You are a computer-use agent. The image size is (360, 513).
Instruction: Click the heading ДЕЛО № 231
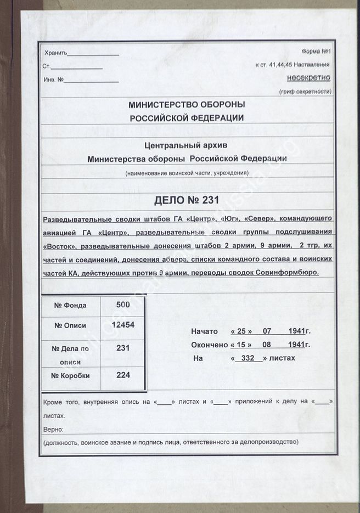click(x=186, y=200)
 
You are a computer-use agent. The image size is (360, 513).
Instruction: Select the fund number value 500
click(x=123, y=305)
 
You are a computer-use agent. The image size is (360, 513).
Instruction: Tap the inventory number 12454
click(x=123, y=324)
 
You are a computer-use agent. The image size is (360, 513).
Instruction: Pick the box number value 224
click(x=123, y=375)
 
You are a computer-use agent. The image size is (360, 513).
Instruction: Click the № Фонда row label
click(x=71, y=306)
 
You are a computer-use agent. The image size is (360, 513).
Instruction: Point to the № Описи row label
click(x=71, y=325)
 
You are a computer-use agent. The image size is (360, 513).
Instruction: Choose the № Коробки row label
click(x=71, y=376)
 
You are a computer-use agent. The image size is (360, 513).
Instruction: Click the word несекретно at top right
click(x=307, y=78)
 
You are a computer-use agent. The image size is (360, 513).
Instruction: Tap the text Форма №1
click(x=318, y=52)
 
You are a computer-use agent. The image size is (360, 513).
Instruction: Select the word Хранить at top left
click(x=55, y=53)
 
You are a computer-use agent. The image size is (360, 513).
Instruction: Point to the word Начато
click(x=204, y=331)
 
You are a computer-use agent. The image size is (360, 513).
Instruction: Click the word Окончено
click(x=209, y=345)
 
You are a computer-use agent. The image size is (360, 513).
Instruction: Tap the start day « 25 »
click(x=241, y=331)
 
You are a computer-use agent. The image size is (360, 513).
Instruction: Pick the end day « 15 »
click(x=241, y=345)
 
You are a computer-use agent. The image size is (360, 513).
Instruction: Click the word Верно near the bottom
click(x=53, y=429)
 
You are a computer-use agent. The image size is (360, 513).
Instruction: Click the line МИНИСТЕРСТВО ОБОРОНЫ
click(x=187, y=105)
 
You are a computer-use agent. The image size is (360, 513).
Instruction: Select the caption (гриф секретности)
click(x=305, y=91)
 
